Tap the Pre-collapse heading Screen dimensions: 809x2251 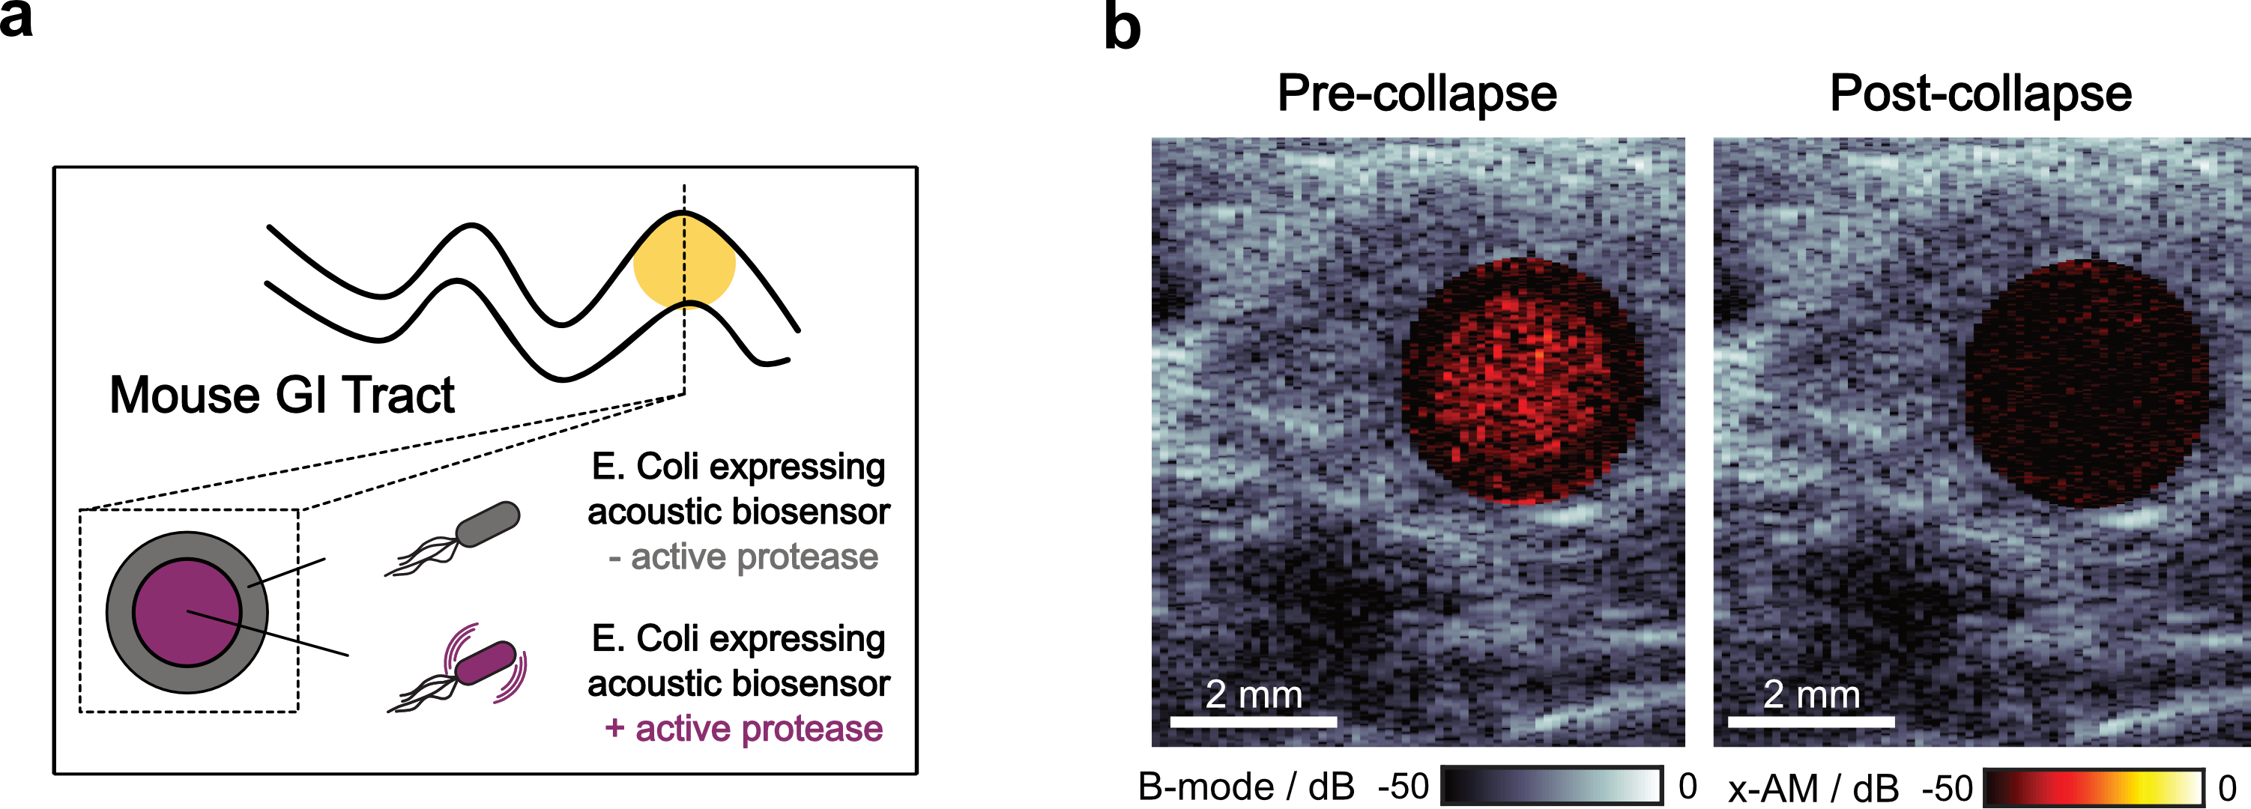(x=1416, y=93)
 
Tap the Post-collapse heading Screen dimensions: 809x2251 (x=1980, y=93)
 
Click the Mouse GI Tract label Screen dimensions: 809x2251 (x=282, y=395)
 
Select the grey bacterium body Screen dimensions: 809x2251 (x=488, y=524)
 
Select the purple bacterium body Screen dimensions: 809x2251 (x=486, y=661)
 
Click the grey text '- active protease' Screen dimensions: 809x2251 (x=743, y=557)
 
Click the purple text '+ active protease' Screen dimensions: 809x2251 (x=743, y=728)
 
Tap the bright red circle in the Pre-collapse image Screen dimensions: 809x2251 (x=1521, y=381)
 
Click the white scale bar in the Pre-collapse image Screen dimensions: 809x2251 (x=1253, y=721)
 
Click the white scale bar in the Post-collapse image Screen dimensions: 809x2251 (x=1810, y=721)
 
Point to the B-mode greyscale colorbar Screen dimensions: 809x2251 (x=1551, y=786)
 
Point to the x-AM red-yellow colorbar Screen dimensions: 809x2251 (x=2094, y=787)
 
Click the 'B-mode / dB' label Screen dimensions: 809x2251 (x=1246, y=787)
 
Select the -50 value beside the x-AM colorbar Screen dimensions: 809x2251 (x=1946, y=789)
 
